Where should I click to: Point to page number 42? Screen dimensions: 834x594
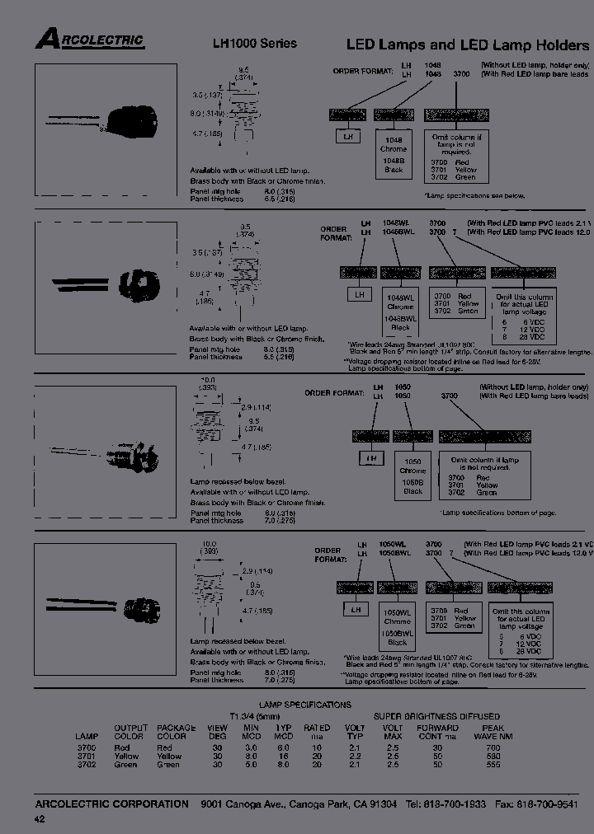40,818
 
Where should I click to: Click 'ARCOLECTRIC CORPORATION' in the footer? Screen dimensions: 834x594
112,804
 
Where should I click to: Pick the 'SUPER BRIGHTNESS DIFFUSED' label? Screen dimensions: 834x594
436,716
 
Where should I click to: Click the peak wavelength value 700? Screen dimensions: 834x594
493,747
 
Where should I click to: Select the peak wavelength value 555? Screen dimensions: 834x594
493,765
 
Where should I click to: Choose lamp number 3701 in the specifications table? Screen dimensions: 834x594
86,756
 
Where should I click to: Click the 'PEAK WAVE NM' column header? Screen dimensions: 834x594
493,733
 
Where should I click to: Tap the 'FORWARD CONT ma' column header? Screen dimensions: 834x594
437,733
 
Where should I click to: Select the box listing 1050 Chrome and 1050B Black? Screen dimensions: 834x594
412,476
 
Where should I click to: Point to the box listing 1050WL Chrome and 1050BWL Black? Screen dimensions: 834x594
398,626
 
